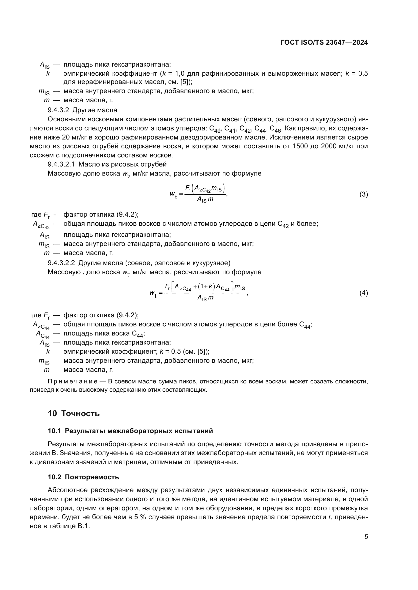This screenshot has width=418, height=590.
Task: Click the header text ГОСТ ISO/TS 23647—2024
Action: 324,43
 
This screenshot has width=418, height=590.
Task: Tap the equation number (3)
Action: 363,194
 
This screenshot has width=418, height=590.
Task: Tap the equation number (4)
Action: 363,293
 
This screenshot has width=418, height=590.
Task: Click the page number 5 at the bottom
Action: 366,537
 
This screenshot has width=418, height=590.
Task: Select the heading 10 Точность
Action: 74,413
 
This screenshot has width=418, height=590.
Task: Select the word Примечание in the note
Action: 72,381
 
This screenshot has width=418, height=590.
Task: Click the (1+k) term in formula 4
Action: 206,287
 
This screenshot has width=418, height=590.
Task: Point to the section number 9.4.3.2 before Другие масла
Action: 58,110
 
